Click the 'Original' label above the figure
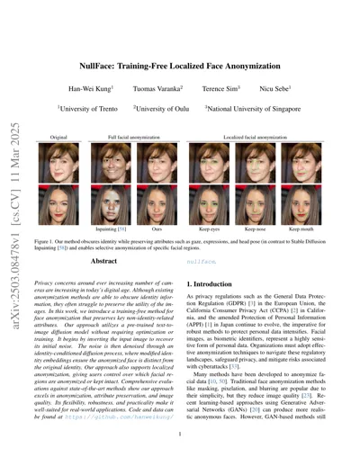(59, 138)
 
